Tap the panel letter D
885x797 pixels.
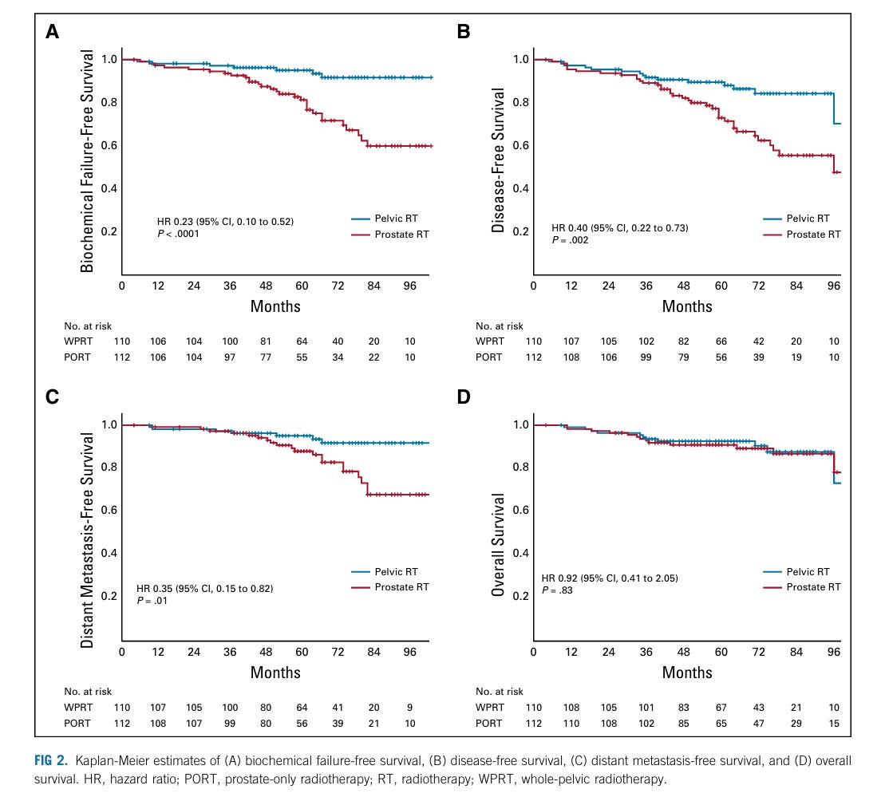[x=464, y=397]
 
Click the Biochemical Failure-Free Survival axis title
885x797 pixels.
[x=88, y=161]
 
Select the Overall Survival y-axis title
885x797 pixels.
[x=500, y=544]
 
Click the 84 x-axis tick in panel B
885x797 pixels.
[x=796, y=287]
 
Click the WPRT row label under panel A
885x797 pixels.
[x=77, y=341]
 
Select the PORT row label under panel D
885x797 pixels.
[x=489, y=724]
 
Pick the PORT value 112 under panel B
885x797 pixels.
[x=533, y=357]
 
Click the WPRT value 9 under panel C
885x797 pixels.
[x=410, y=708]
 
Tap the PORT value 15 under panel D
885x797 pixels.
[x=833, y=724]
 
